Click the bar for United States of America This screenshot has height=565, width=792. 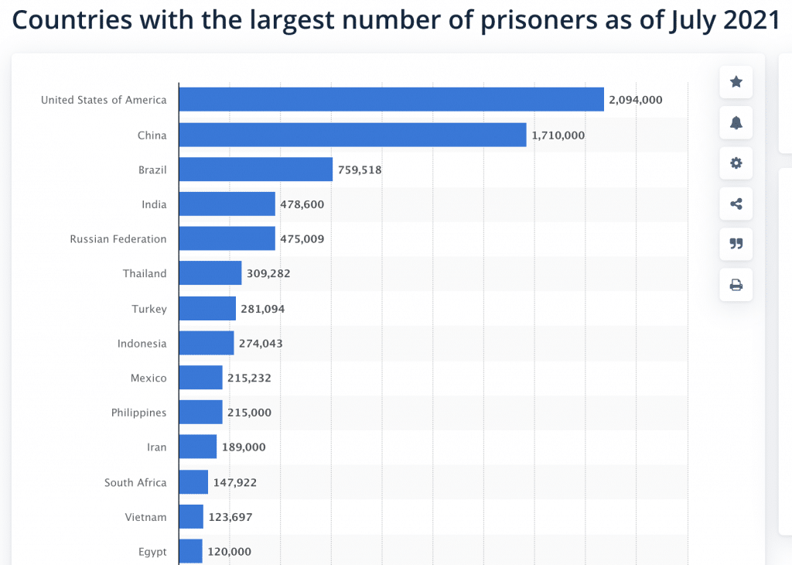pyautogui.click(x=391, y=100)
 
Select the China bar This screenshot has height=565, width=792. pyautogui.click(x=352, y=135)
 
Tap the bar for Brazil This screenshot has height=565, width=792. pyautogui.click(x=255, y=169)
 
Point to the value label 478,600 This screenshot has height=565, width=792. pyautogui.click(x=302, y=204)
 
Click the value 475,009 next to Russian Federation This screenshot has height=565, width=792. pyautogui.click(x=302, y=239)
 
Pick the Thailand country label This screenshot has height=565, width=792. pyautogui.click(x=145, y=273)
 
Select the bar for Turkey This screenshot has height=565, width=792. pyautogui.click(x=207, y=309)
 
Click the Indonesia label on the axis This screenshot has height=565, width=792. pyautogui.click(x=142, y=343)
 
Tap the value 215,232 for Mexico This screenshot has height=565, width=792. pyautogui.click(x=249, y=378)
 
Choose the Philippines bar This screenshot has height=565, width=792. pyautogui.click(x=200, y=413)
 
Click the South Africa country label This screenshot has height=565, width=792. pyautogui.click(x=135, y=482)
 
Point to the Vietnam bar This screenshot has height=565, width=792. pyautogui.click(x=191, y=517)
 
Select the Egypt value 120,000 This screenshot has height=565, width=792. pyautogui.click(x=229, y=552)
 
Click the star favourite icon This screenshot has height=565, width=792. pyautogui.click(x=736, y=82)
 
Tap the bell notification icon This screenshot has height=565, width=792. pyautogui.click(x=736, y=122)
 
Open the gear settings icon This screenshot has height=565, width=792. pyautogui.click(x=736, y=163)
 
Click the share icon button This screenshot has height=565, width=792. pyautogui.click(x=736, y=204)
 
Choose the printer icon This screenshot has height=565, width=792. pyautogui.click(x=736, y=285)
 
